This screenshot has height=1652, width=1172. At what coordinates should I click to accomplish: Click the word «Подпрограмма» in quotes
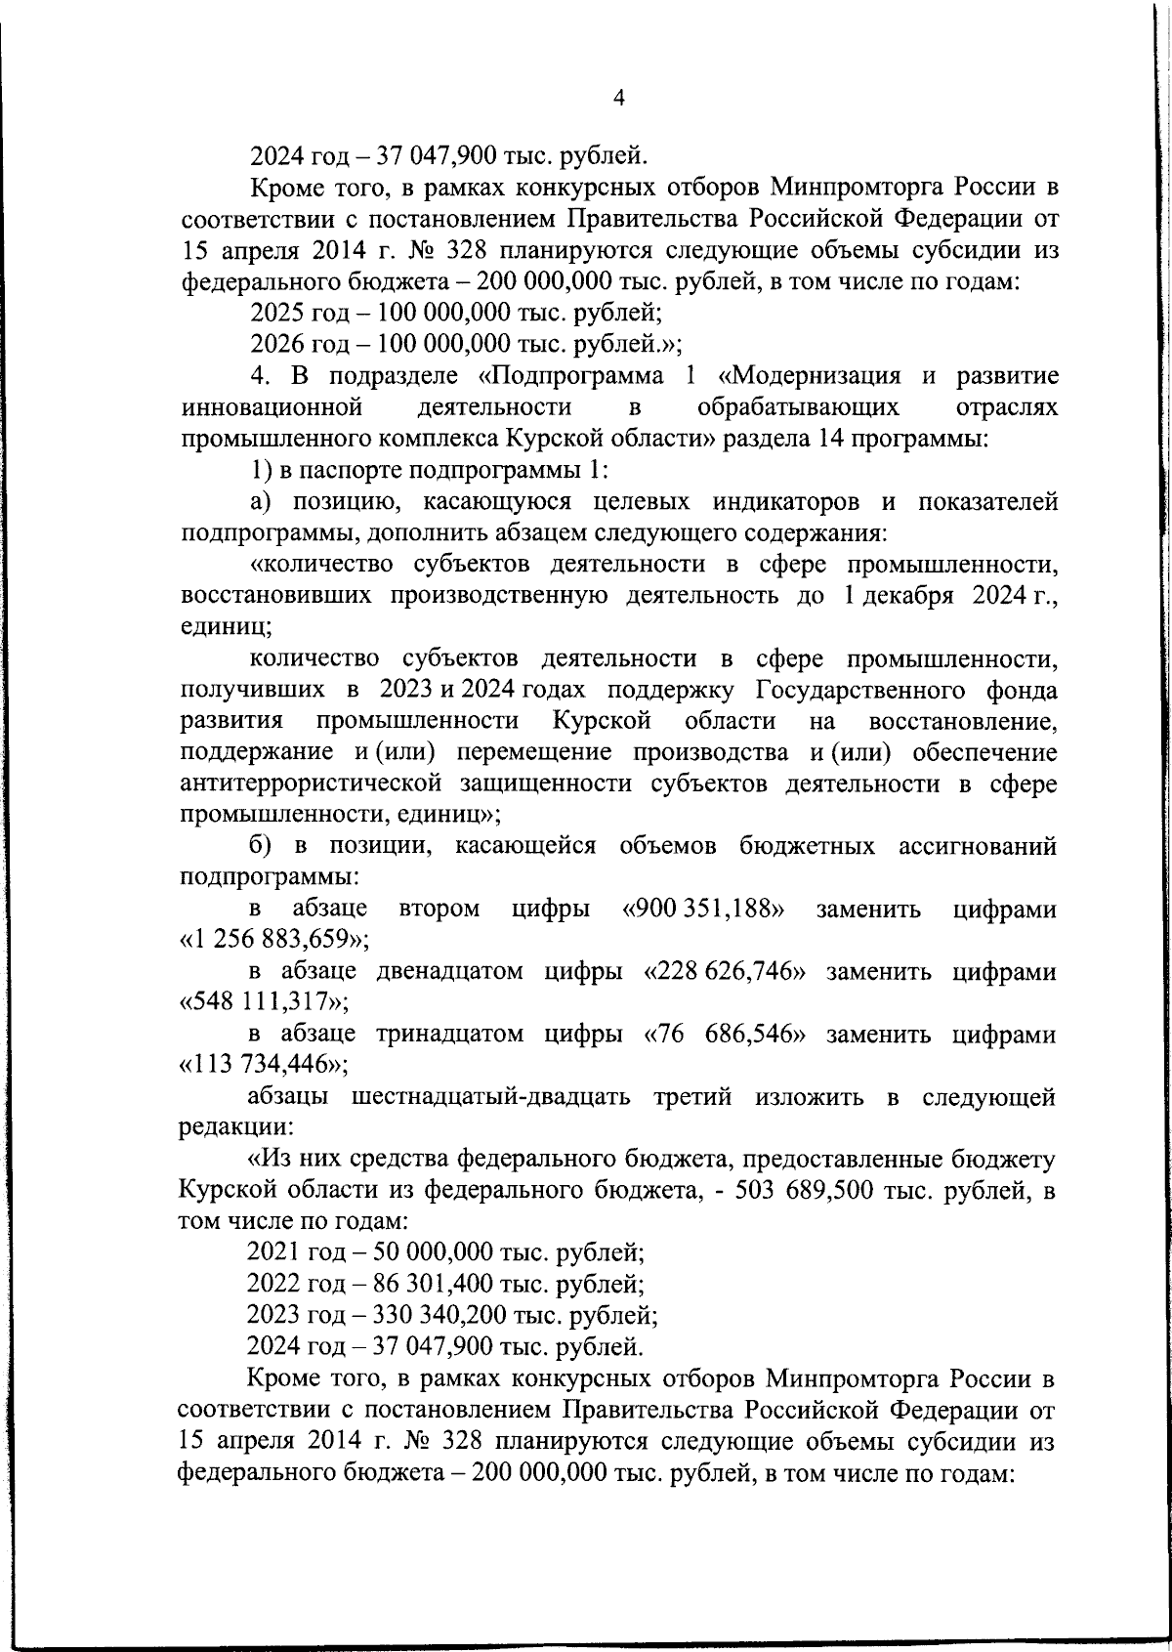571,376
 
